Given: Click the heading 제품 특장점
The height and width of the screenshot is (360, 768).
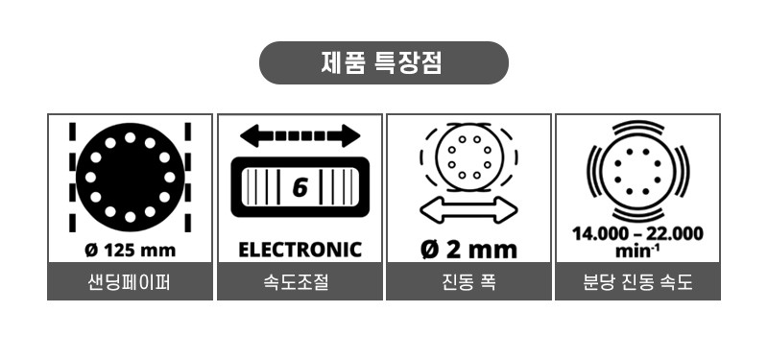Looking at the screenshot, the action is [x=383, y=64].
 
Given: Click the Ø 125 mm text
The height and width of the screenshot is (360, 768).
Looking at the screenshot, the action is [x=130, y=250].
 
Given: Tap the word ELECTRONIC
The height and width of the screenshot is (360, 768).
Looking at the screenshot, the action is [x=300, y=250].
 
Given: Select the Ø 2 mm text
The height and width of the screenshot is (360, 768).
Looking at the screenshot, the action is [x=468, y=250].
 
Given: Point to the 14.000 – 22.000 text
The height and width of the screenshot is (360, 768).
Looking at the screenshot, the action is [x=637, y=233].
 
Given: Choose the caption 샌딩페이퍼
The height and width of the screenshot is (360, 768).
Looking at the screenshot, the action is [x=130, y=283].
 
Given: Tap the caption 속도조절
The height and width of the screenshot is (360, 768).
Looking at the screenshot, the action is [x=300, y=283].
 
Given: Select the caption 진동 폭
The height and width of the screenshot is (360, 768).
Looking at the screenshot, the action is [x=468, y=283].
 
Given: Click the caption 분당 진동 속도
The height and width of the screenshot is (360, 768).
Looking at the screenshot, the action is [x=637, y=283].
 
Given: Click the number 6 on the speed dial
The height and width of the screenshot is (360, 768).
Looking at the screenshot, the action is [x=300, y=187].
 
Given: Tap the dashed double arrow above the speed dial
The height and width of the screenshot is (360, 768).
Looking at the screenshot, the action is [x=300, y=135].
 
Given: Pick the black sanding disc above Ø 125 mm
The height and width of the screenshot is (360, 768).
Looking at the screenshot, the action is [x=130, y=177].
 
